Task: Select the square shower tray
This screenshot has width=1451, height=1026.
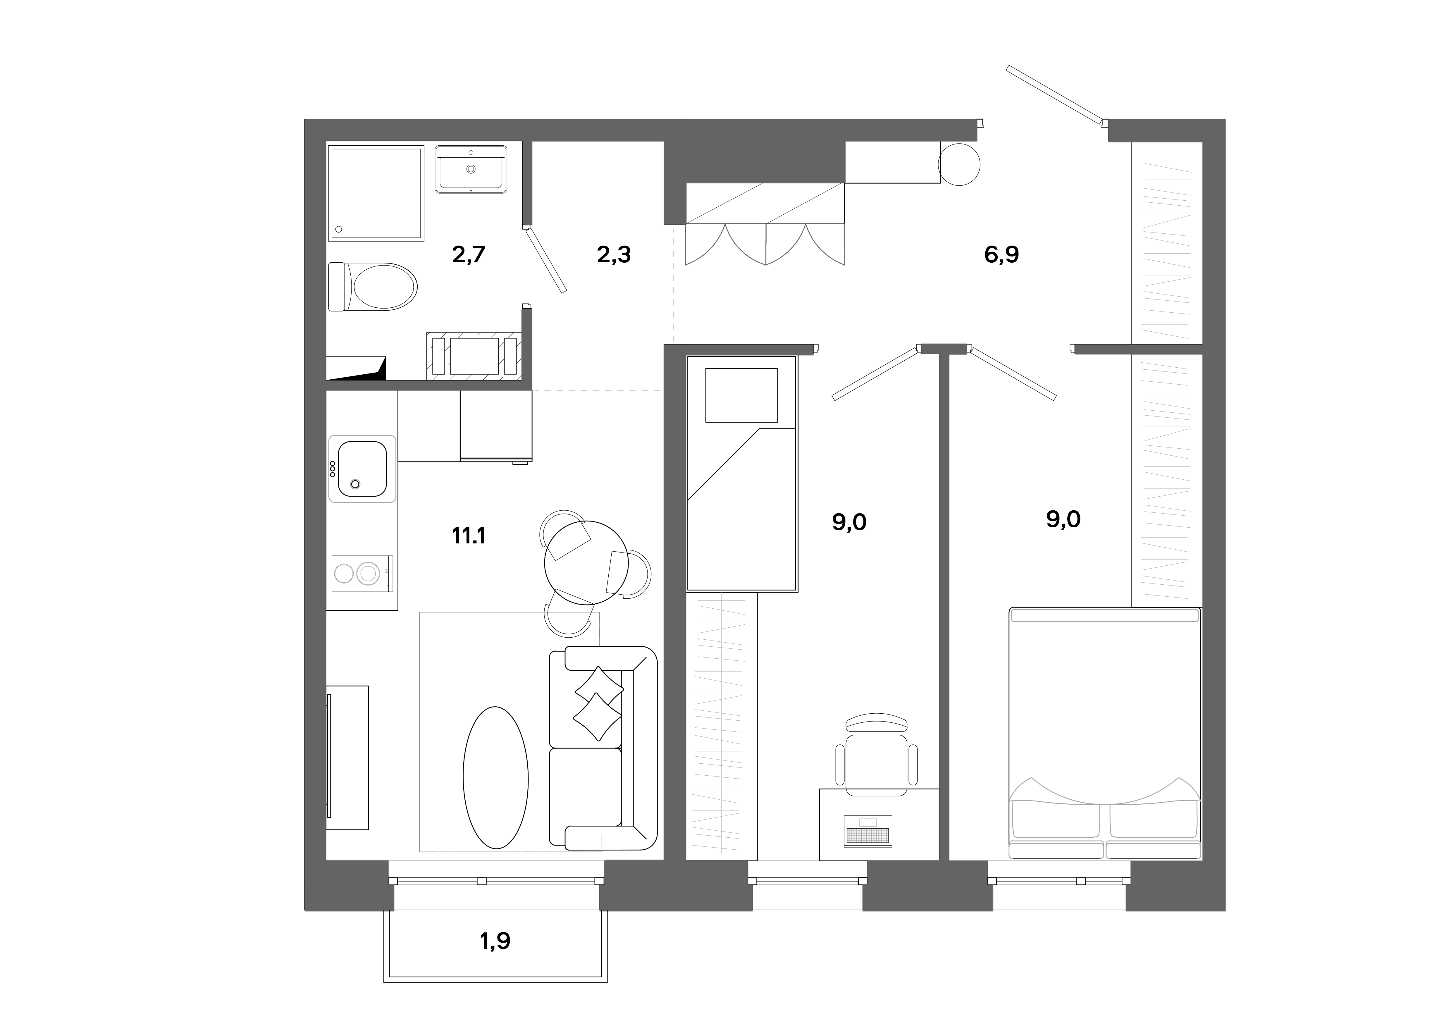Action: [376, 193]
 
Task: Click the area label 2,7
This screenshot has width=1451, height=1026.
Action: [468, 255]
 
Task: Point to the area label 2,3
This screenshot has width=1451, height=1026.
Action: [614, 255]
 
